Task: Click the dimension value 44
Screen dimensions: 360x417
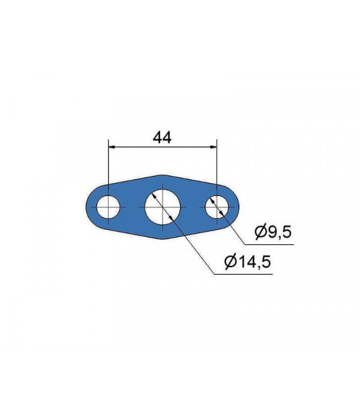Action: pyautogui.click(x=162, y=137)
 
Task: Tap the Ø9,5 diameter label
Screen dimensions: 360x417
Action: pyautogui.click(x=273, y=232)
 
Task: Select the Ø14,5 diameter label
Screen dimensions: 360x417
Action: pyautogui.click(x=248, y=262)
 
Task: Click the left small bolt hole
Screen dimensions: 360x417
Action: pyautogui.click(x=108, y=207)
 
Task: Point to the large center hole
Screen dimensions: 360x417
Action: pyautogui.click(x=163, y=207)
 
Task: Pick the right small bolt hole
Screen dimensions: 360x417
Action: pyautogui.click(x=217, y=207)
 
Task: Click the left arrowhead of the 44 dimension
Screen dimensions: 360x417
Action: pyautogui.click(x=112, y=146)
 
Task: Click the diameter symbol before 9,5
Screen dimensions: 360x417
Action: pyautogui.click(x=260, y=232)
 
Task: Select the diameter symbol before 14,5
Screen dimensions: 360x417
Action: pyautogui.click(x=230, y=262)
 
